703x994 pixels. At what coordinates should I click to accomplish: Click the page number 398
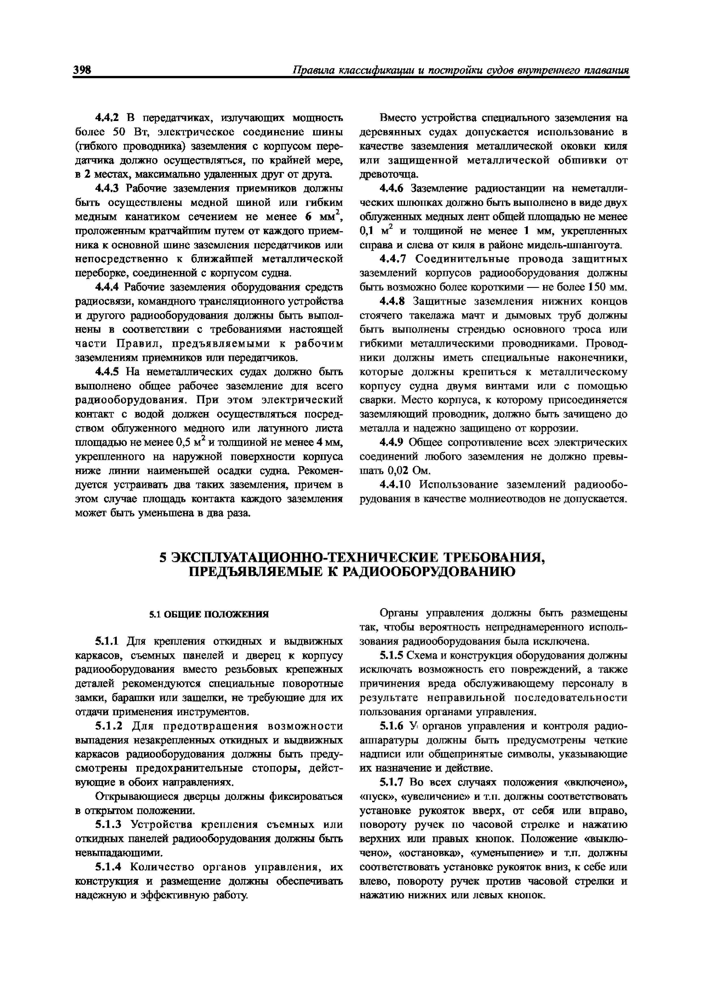82,70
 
